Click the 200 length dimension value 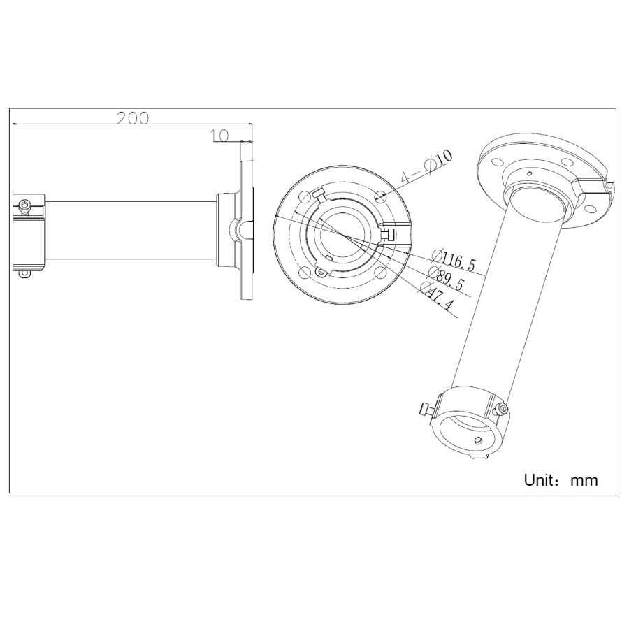[x=132, y=118]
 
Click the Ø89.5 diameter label [x=446, y=278]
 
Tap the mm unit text [x=584, y=481]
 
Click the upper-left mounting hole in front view [x=305, y=196]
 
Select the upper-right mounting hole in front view [x=381, y=196]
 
